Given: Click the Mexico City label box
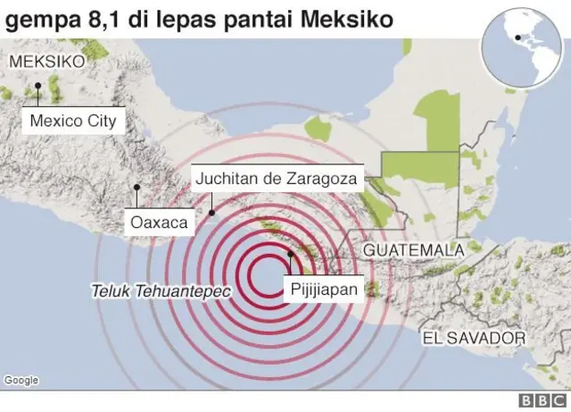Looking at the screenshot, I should point(73,121).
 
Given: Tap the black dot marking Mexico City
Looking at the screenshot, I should point(39,87).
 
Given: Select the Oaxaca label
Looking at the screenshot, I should point(158,222).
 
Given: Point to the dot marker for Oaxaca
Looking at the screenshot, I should point(137,188).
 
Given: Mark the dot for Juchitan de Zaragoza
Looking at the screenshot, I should point(211,213).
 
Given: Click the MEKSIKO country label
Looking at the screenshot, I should point(46,62).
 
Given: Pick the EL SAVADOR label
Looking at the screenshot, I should point(474,339).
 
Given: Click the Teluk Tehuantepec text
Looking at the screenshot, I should point(161,291).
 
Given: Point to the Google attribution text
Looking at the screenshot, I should point(21,381).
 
